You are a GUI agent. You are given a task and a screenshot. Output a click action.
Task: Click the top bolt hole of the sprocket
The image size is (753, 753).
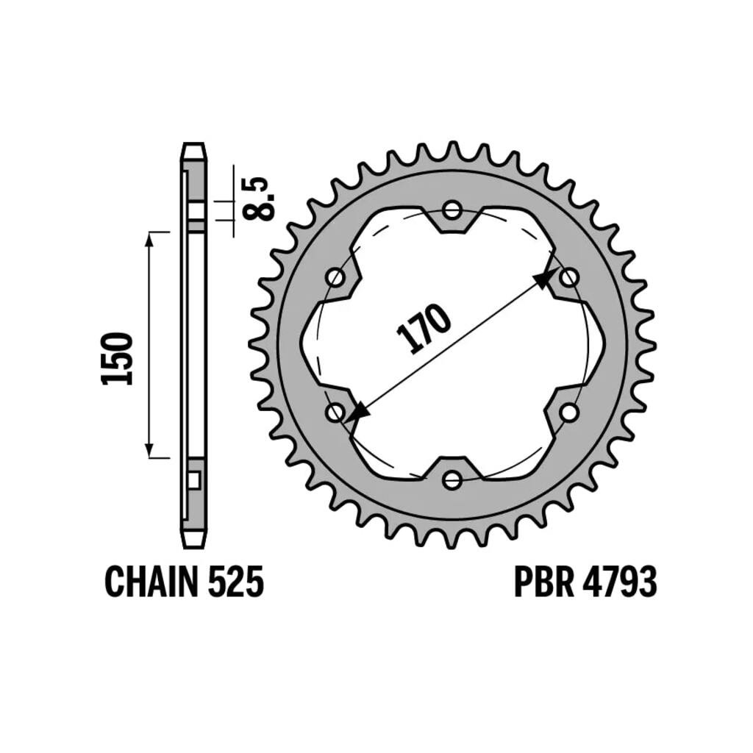452,210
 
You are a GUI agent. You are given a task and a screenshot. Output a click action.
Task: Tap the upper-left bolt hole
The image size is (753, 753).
335,277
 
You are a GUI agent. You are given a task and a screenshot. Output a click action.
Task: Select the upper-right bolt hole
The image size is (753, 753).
568,277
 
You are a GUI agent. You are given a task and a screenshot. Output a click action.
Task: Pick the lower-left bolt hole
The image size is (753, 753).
335,412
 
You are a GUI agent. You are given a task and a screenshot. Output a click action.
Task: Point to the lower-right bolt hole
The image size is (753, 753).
568,412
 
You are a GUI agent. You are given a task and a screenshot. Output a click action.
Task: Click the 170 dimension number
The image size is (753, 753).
423,328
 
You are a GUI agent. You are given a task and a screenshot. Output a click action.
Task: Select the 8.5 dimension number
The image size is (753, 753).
260,199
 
